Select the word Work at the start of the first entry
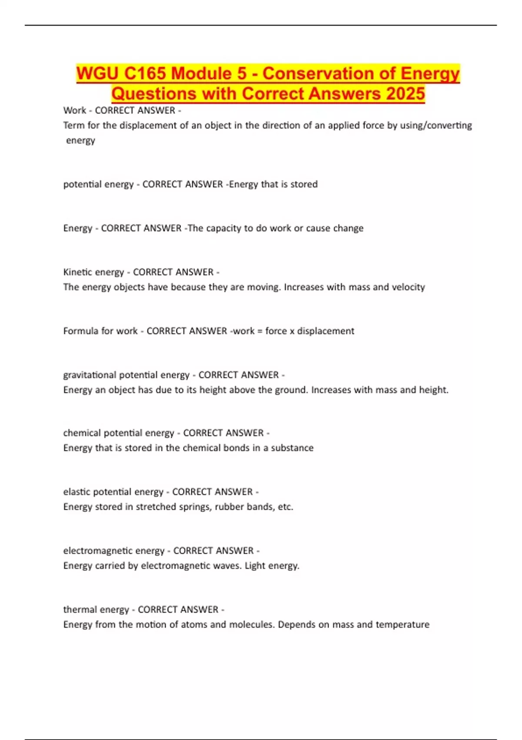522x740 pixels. click(74, 111)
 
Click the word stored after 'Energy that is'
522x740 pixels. click(304, 184)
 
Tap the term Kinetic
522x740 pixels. click(77, 272)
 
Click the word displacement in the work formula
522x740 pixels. click(325, 331)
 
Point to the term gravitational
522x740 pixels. click(90, 375)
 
